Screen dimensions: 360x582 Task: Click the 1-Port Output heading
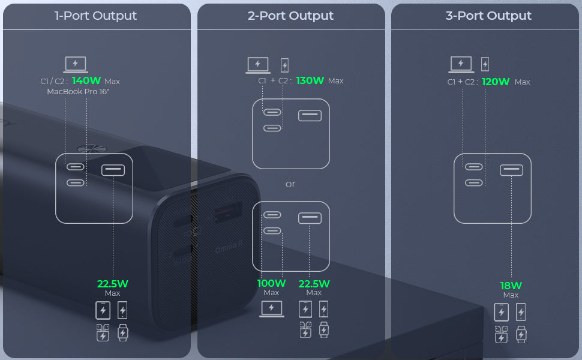click(x=96, y=16)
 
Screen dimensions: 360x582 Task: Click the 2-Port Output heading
click(x=290, y=16)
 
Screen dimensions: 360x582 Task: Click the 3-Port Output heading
click(x=488, y=16)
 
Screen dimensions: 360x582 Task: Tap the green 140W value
click(x=86, y=80)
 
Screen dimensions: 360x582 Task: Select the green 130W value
click(x=310, y=80)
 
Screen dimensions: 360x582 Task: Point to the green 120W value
click(x=496, y=82)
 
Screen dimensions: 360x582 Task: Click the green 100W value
click(x=271, y=283)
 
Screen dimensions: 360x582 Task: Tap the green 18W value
click(x=511, y=286)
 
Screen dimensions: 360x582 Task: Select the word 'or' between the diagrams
click(x=290, y=184)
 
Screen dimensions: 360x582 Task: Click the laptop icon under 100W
click(x=271, y=309)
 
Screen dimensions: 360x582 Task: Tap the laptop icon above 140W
click(x=76, y=64)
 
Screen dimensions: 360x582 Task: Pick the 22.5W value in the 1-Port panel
click(x=113, y=284)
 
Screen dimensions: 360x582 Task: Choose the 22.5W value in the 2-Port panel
click(x=314, y=283)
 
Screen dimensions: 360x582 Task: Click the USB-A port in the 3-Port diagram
click(x=511, y=170)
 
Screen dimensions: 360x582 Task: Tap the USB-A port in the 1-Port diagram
click(x=113, y=170)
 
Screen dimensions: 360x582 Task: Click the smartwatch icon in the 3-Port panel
click(x=521, y=334)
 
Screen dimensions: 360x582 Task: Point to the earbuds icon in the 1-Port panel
click(x=103, y=332)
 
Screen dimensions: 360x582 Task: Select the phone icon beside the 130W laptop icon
click(x=284, y=65)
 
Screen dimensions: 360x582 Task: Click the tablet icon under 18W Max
click(x=502, y=312)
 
